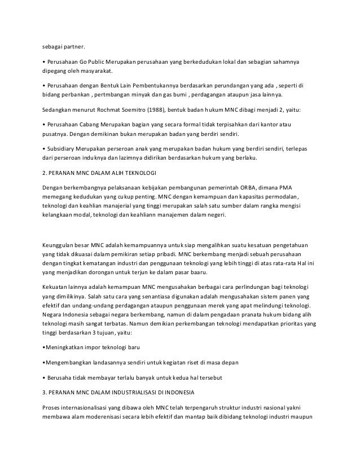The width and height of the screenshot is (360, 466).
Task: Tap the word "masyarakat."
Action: coord(96,72)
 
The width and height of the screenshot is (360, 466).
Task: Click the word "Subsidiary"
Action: coord(63,150)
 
